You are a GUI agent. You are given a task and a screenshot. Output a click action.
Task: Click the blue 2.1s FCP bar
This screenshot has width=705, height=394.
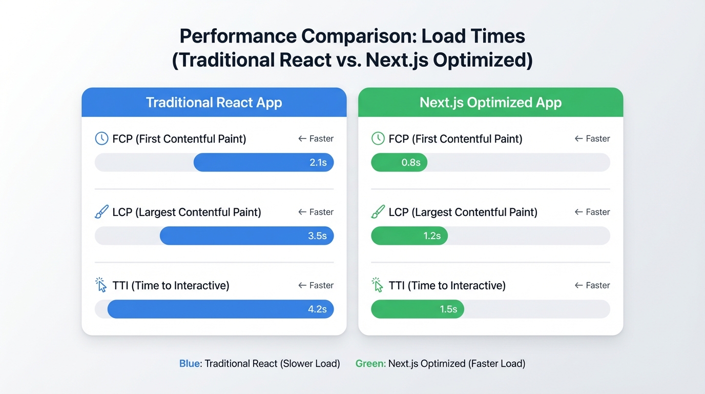click(263, 163)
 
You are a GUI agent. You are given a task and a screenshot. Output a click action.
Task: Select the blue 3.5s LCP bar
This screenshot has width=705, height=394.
click(246, 236)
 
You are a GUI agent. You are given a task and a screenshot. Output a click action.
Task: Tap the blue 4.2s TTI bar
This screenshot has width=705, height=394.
click(220, 309)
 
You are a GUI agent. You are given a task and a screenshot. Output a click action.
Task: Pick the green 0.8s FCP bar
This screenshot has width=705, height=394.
click(399, 163)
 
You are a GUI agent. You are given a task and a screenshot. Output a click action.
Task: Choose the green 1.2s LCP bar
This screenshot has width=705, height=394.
click(409, 236)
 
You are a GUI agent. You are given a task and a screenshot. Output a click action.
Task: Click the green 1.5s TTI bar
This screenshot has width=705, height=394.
click(417, 309)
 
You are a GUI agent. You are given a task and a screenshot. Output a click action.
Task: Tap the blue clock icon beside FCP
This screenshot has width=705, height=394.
click(102, 139)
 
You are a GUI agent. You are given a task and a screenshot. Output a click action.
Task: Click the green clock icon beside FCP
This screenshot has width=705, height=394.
click(378, 139)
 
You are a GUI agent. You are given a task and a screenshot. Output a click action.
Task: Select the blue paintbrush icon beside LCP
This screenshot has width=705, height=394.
click(101, 212)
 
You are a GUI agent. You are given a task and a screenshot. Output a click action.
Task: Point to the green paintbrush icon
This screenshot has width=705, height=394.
click(378, 212)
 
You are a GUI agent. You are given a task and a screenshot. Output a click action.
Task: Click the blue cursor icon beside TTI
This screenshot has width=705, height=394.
click(101, 285)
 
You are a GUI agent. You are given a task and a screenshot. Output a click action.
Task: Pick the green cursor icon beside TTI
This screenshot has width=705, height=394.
click(378, 285)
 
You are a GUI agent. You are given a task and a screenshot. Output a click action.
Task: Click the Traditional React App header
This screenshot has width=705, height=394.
click(214, 103)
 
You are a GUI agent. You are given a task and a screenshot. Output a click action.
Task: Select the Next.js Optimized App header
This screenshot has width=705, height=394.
click(490, 103)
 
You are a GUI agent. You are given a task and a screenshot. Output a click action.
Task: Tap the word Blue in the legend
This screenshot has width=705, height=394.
click(190, 364)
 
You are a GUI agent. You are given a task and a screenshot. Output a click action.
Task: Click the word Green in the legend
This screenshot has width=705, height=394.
click(370, 364)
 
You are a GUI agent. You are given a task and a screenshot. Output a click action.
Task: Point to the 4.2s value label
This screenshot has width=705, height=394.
click(317, 309)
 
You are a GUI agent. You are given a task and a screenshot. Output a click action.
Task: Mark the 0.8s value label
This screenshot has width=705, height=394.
click(411, 163)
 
